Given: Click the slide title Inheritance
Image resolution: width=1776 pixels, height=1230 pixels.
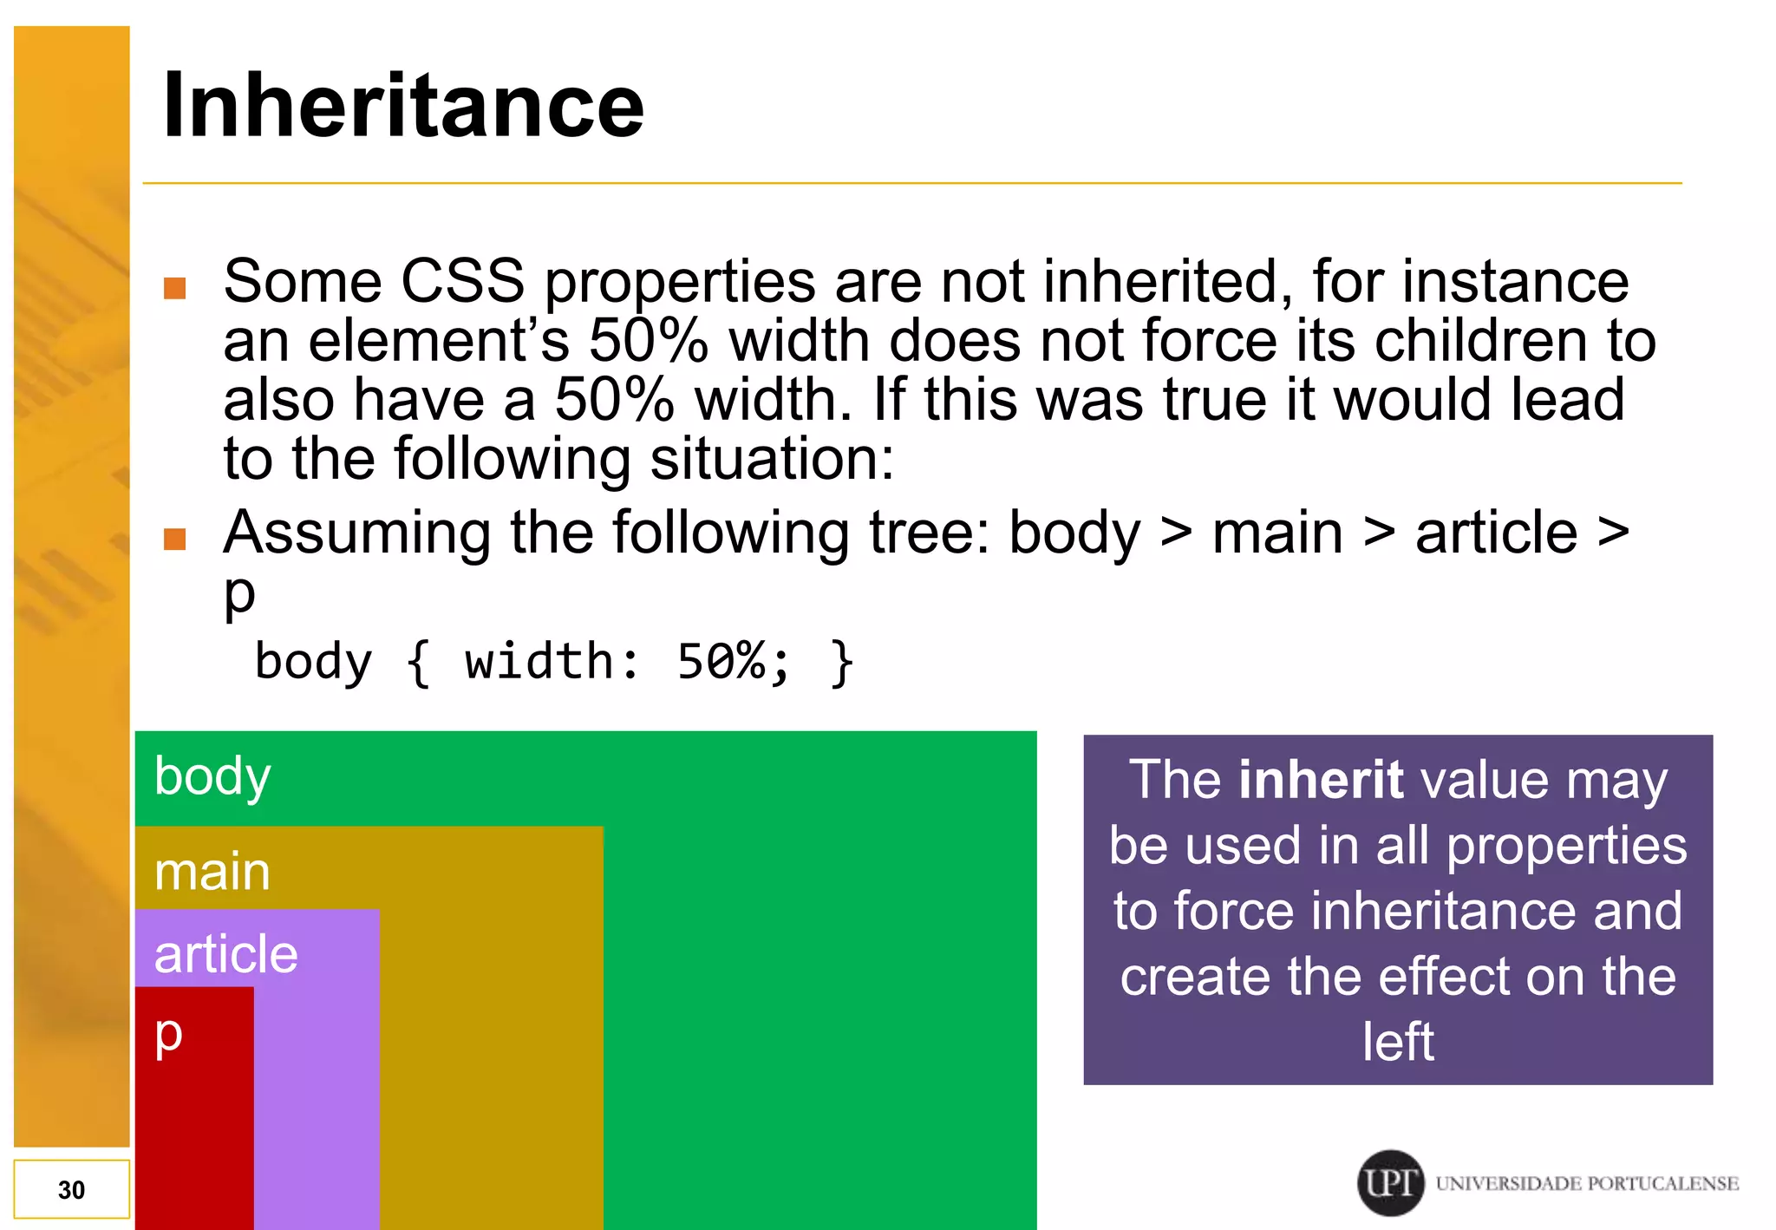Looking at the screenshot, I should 403,106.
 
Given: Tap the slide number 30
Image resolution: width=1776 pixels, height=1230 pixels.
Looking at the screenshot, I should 71,1189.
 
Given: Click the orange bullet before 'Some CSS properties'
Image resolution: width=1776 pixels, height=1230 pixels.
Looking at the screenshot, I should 175,288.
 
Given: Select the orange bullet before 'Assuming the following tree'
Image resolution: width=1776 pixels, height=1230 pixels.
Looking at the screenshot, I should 175,540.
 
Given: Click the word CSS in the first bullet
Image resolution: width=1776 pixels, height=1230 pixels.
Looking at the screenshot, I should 462,281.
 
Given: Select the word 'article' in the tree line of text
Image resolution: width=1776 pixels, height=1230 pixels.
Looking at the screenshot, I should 1496,533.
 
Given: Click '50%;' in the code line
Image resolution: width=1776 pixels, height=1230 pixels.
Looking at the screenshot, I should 734,662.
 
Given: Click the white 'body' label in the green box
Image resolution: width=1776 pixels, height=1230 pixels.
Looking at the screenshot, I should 212,775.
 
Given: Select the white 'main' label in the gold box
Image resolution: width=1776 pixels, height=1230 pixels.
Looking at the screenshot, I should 212,871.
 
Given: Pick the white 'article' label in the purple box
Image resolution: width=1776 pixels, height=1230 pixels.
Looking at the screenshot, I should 225,954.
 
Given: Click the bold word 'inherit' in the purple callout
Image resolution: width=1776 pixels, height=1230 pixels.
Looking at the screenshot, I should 1321,779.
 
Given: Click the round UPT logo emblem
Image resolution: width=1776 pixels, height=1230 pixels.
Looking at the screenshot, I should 1390,1183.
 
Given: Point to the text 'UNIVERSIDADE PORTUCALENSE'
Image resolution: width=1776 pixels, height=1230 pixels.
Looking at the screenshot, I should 1587,1184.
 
